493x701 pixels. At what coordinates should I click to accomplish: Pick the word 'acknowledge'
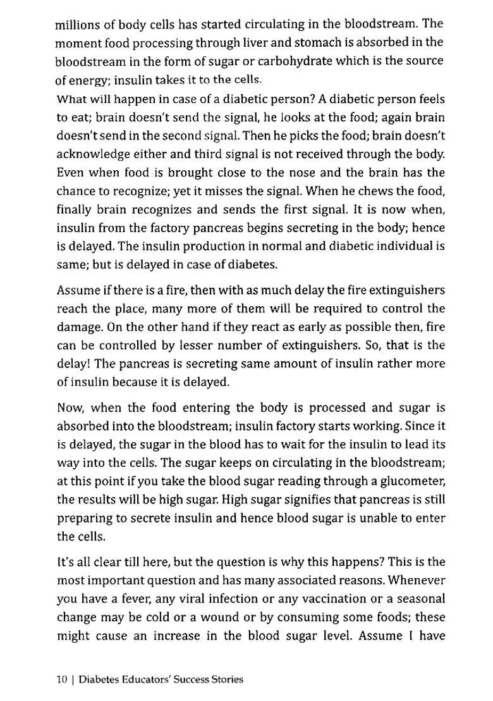[88, 154]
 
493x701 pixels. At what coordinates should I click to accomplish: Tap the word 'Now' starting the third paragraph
[70, 407]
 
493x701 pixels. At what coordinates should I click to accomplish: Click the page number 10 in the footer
[61, 679]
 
